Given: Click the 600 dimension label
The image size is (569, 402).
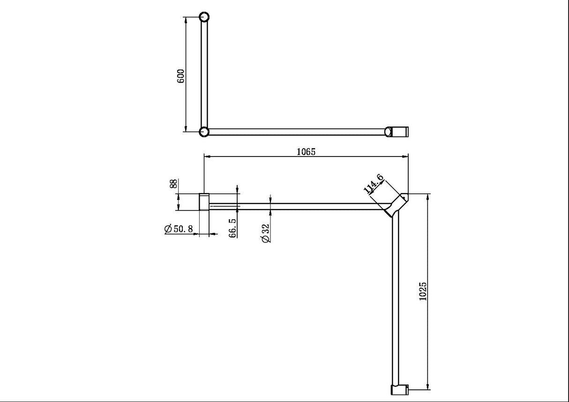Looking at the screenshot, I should tap(181, 75).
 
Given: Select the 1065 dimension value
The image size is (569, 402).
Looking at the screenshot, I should tap(307, 151).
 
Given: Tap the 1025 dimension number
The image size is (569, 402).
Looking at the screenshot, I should tap(423, 291).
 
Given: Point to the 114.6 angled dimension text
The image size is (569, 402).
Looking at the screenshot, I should tap(374, 184).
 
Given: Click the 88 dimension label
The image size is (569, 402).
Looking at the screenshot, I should tap(174, 184).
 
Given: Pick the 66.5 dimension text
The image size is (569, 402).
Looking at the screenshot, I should tap(233, 227).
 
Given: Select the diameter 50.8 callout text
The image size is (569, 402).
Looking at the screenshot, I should tap(179, 229).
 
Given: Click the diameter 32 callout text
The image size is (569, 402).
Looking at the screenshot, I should tap(266, 233).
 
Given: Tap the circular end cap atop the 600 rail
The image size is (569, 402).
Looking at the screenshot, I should tap(204, 18).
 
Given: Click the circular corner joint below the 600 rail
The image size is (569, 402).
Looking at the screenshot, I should tap(204, 132).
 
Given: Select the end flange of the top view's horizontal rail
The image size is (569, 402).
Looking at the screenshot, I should tap(397, 132).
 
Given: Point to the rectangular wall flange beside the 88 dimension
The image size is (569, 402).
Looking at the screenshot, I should tap(204, 202).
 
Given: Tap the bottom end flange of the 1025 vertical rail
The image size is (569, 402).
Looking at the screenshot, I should tap(399, 389).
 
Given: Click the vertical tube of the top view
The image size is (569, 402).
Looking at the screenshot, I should tap(204, 75).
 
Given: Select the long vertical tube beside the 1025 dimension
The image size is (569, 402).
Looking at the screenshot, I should tap(395, 300).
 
